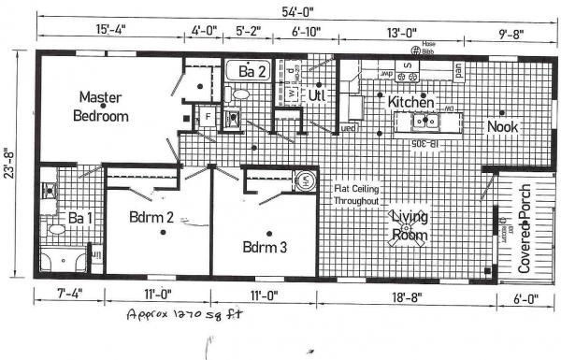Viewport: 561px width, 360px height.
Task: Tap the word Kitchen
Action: click(410, 101)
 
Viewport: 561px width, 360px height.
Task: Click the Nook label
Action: click(502, 126)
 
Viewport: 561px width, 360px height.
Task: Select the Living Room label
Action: click(409, 226)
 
